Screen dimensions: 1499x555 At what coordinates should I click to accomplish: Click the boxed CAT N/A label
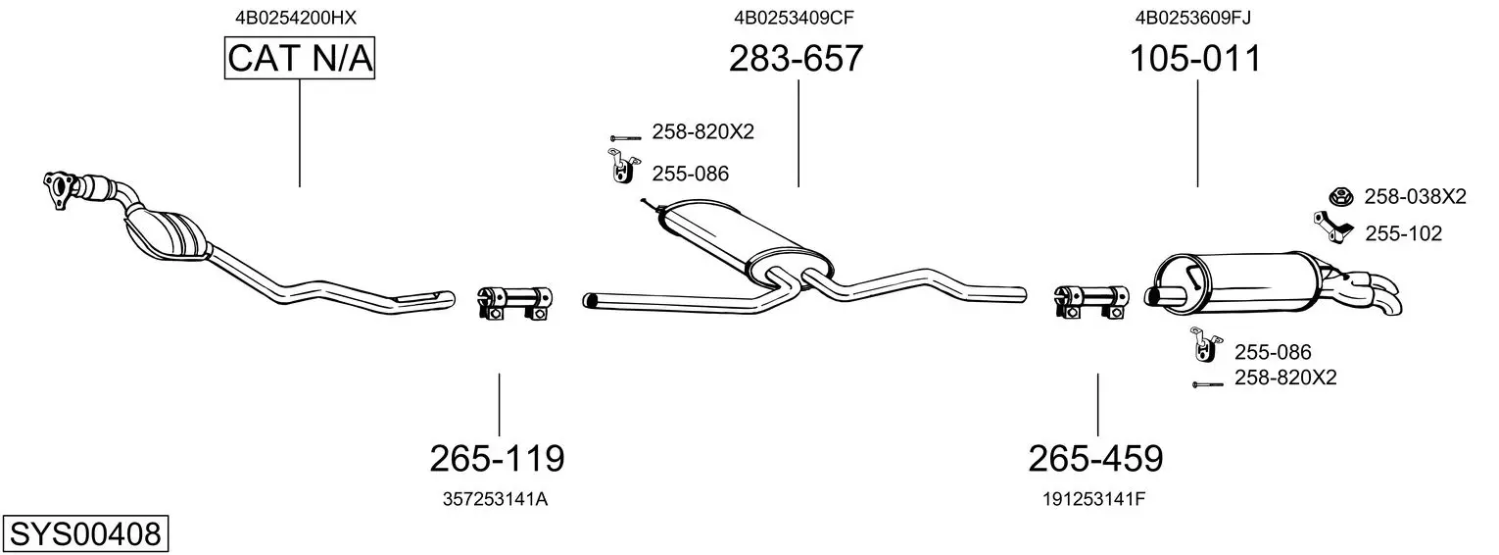[x=299, y=58]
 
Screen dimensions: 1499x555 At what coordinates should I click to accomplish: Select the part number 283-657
[x=796, y=59]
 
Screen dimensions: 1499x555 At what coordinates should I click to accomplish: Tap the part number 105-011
[x=1195, y=59]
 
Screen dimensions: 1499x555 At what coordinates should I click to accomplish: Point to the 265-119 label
[x=497, y=459]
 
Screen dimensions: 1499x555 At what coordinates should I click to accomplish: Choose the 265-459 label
[x=1096, y=459]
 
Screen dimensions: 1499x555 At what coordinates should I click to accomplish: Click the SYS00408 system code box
[x=85, y=534]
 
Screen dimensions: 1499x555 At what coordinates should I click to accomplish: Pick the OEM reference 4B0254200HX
[x=296, y=18]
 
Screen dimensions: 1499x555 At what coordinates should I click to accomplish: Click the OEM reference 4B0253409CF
[x=795, y=18]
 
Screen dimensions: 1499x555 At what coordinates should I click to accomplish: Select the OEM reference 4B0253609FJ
[x=1193, y=18]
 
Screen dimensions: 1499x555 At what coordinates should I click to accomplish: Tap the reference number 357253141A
[x=495, y=499]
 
